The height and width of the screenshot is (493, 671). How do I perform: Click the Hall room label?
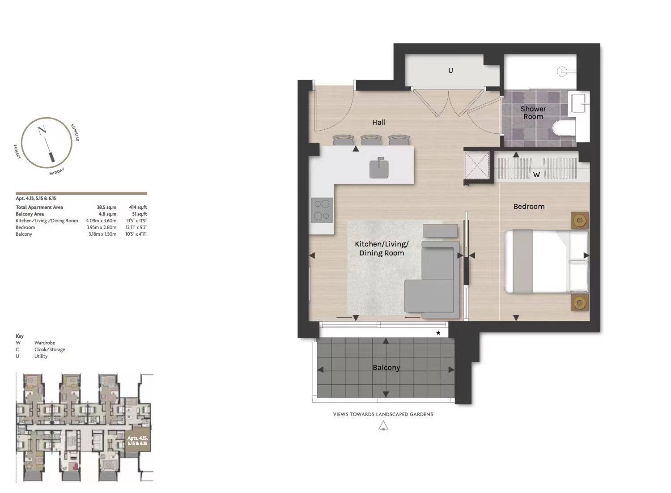pyautogui.click(x=378, y=122)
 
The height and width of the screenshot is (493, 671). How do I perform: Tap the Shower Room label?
pyautogui.click(x=533, y=113)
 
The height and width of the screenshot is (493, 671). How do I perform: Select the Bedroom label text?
pyautogui.click(x=529, y=206)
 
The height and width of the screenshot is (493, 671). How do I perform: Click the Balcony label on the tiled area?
pyautogui.click(x=386, y=367)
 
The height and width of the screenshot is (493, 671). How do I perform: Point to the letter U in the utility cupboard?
pyautogui.click(x=450, y=70)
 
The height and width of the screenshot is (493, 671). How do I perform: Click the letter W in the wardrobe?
pyautogui.click(x=536, y=174)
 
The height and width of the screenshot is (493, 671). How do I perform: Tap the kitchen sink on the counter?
pyautogui.click(x=379, y=169)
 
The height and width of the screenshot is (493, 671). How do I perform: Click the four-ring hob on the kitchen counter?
pyautogui.click(x=322, y=210)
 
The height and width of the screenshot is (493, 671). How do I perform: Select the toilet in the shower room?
pyautogui.click(x=564, y=128)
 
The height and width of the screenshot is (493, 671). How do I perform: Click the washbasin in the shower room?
pyautogui.click(x=579, y=103)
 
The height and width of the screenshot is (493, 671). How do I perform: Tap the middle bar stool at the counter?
pyautogui.click(x=371, y=140)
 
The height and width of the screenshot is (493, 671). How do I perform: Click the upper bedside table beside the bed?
pyautogui.click(x=580, y=221)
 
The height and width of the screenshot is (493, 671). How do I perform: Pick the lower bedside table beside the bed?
pyautogui.click(x=580, y=302)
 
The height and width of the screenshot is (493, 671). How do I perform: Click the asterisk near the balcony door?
pyautogui.click(x=438, y=333)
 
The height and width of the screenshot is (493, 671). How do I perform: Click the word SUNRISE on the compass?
pyautogui.click(x=75, y=132)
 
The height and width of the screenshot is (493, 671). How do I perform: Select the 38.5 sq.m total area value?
pyautogui.click(x=106, y=207)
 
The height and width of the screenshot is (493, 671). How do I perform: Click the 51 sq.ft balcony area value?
pyautogui.click(x=140, y=214)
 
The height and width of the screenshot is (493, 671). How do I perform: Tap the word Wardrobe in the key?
pyautogui.click(x=45, y=343)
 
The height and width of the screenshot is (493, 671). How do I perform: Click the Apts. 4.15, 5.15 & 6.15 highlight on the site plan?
pyautogui.click(x=137, y=441)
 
